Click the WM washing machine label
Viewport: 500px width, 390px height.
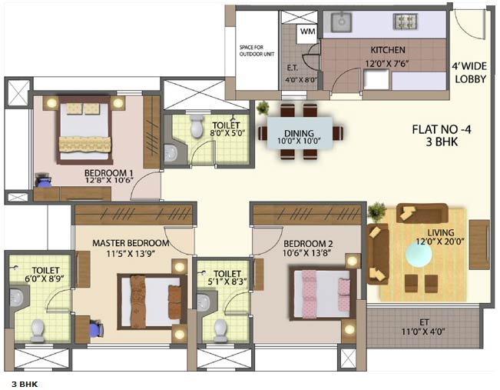(307, 32)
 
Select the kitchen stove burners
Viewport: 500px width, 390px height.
(404, 22)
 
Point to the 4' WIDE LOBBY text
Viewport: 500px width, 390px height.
(470, 72)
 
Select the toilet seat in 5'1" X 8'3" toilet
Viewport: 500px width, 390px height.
(220, 329)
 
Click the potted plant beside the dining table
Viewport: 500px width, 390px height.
(263, 108)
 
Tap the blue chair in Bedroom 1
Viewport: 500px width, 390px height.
(43, 182)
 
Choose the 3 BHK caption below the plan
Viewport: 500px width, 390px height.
(25, 382)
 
